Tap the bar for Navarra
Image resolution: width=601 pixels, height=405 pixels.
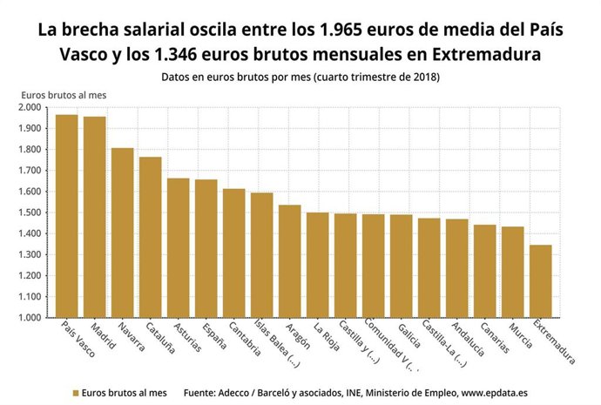(123, 233)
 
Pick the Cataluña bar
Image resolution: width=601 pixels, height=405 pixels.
(151, 237)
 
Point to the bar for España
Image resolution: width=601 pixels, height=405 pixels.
(206, 248)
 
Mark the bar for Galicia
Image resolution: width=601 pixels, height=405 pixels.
(402, 266)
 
